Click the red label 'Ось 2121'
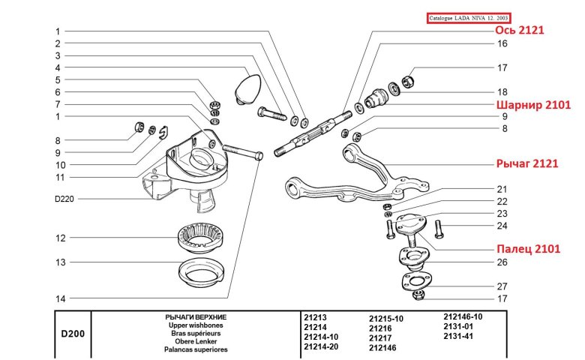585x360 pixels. click(517, 30)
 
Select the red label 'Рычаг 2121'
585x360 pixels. click(525, 163)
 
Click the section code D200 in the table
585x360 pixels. click(72, 333)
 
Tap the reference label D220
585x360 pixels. click(66, 199)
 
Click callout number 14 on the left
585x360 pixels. click(60, 298)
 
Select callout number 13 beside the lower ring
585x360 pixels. click(60, 262)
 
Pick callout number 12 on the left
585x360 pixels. click(60, 238)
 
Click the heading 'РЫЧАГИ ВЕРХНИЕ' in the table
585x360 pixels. click(196, 318)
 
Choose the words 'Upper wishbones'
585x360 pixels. click(196, 326)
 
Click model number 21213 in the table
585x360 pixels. click(316, 318)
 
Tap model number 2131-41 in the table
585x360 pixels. click(459, 336)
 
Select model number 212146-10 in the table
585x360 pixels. click(463, 316)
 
